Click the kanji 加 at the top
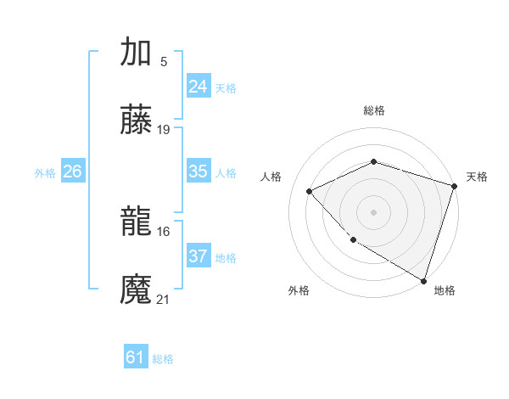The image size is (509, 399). pyautogui.click(x=136, y=53)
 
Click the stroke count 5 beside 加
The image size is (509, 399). pyautogui.click(x=163, y=61)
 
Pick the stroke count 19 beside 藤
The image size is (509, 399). pyautogui.click(x=164, y=130)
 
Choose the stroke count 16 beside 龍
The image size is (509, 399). pyautogui.click(x=164, y=231)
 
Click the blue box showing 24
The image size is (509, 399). pyautogui.click(x=198, y=87)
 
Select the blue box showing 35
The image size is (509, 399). pyautogui.click(x=198, y=171)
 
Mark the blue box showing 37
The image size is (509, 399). pyautogui.click(x=198, y=256)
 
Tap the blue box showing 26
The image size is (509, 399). pyautogui.click(x=72, y=171)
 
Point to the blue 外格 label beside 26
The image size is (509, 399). pyautogui.click(x=45, y=173)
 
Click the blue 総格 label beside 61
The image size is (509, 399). pyautogui.click(x=163, y=359)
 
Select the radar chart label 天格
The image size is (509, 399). pyautogui.click(x=477, y=177)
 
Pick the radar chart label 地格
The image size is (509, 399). pyautogui.click(x=445, y=290)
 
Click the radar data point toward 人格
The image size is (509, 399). pyautogui.click(x=310, y=191)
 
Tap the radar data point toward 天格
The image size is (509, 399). pyautogui.click(x=454, y=186)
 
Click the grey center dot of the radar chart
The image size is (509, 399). pyautogui.click(x=373, y=211)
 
